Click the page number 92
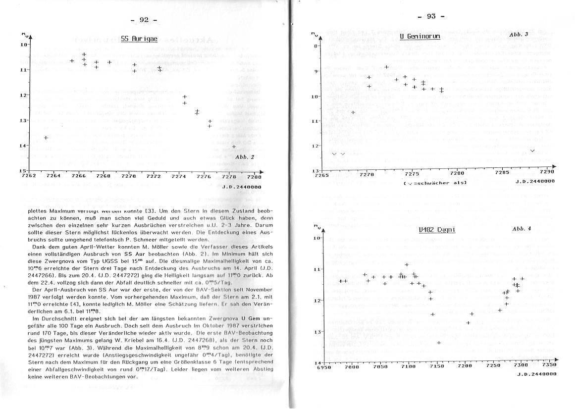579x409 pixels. tap(144, 20)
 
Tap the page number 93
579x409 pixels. tap(431, 16)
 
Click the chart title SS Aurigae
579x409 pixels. tap(139, 38)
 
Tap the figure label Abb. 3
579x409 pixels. tap(519, 34)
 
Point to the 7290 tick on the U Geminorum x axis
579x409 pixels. tap(547, 173)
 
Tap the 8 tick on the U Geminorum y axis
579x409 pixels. tap(315, 46)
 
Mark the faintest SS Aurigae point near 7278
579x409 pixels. tap(234, 147)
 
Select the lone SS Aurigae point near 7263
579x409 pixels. tap(46, 138)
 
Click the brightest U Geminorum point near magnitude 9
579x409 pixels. tap(386, 67)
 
